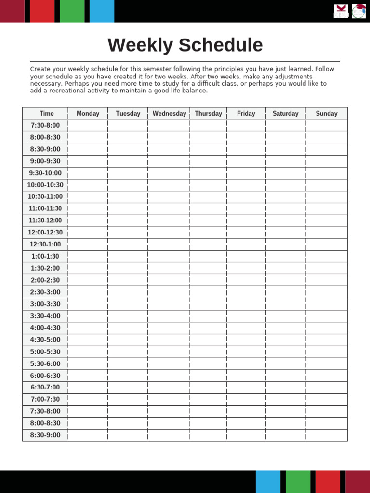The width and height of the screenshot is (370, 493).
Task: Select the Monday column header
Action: pos(88,114)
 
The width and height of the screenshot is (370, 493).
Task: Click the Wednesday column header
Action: pos(169,114)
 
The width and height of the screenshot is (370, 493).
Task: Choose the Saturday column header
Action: pos(285,114)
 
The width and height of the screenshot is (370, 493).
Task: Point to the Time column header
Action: pos(46,114)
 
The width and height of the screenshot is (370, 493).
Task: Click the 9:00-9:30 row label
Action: pos(45,161)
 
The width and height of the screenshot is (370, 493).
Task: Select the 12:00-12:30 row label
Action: pos(45,233)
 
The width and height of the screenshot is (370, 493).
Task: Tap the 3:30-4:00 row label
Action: pos(45,316)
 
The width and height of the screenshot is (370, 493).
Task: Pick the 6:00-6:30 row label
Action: pos(45,376)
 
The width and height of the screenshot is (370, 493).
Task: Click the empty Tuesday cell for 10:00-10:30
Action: pos(128,185)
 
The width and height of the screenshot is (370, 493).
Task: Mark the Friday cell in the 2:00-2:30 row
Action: pos(246,280)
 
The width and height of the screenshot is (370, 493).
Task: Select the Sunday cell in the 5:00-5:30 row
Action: pos(326,352)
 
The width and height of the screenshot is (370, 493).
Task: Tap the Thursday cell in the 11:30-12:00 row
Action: pos(208,221)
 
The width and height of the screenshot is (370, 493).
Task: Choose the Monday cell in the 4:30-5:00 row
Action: pos(88,340)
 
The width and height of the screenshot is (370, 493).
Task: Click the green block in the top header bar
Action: pos(72,11)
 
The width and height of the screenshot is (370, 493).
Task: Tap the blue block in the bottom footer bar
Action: pos(268,481)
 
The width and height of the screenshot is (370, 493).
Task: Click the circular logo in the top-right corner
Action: pos(358,11)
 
